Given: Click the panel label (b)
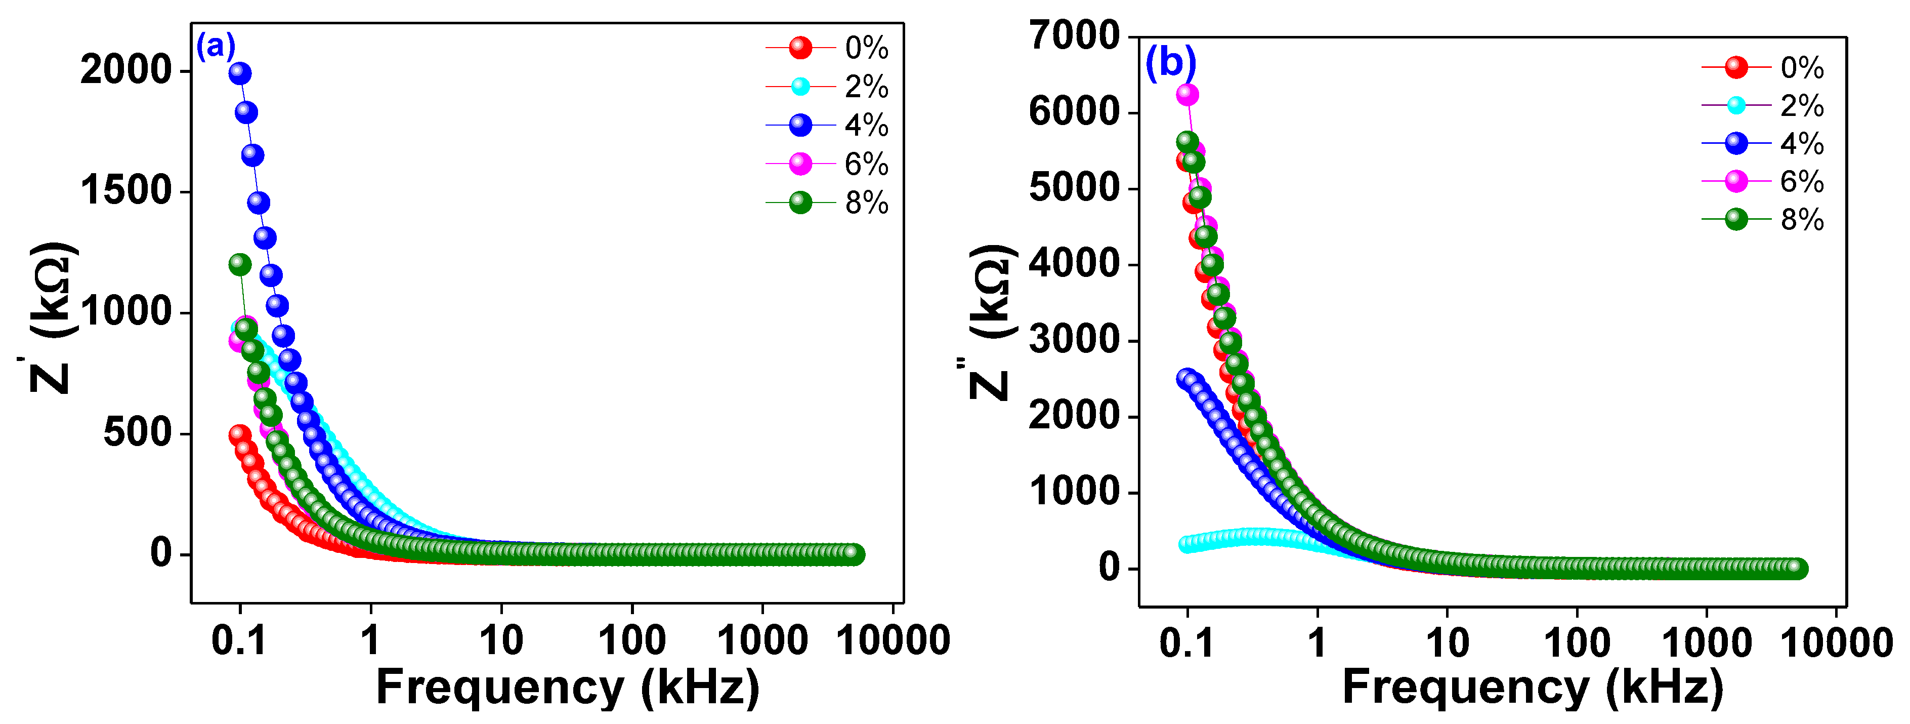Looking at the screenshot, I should (1170, 62).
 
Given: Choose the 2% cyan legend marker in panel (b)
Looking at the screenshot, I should (1736, 105).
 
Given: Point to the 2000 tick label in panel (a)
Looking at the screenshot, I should (125, 70).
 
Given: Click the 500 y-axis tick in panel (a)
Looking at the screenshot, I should (137, 432).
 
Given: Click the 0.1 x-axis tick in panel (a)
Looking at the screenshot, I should (239, 639).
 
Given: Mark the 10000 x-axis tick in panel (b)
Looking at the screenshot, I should (1836, 642).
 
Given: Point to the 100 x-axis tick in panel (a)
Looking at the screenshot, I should (632, 639).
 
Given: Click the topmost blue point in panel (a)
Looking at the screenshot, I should (239, 73).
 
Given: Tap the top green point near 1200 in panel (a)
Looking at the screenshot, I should (239, 264).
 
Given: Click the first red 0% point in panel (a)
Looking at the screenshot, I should (239, 434).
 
